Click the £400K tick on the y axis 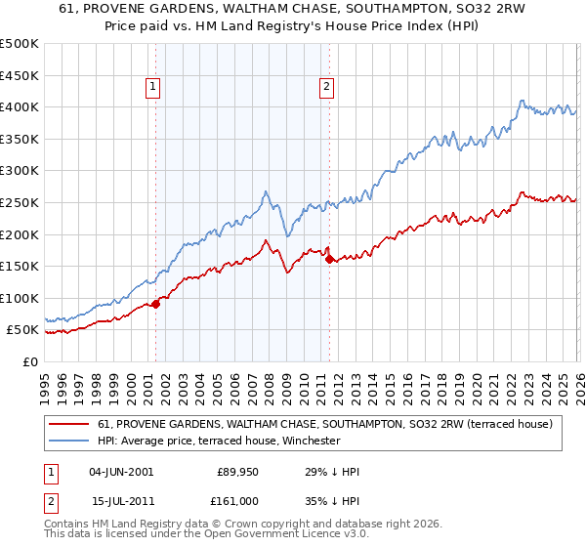point(20,106)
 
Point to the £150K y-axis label point(20,266)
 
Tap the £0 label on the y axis point(31,361)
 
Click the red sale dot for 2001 point(155,304)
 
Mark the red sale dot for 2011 point(329,259)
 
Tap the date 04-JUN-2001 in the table point(121,472)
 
